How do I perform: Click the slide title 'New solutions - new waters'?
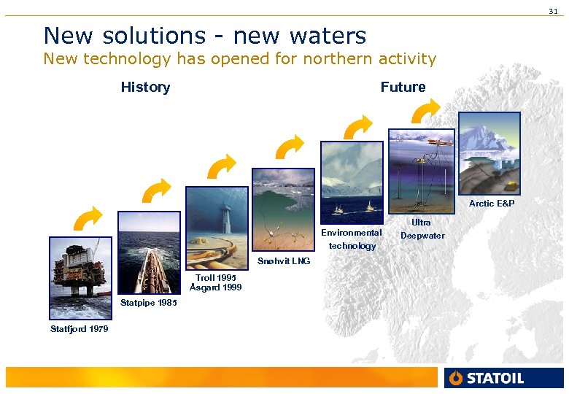[204, 35]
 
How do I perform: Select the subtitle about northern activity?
[239, 59]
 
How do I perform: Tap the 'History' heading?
[145, 88]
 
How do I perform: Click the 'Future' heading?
[403, 88]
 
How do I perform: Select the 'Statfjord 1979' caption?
[79, 329]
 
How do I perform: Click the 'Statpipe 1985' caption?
[147, 303]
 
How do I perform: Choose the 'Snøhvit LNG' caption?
[284, 261]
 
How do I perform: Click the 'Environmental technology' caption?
[352, 239]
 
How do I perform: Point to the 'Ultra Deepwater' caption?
[422, 228]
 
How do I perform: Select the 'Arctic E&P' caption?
[491, 204]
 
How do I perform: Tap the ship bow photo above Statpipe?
[148, 252]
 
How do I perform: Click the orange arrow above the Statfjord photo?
[88, 218]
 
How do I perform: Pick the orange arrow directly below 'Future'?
[426, 112]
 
